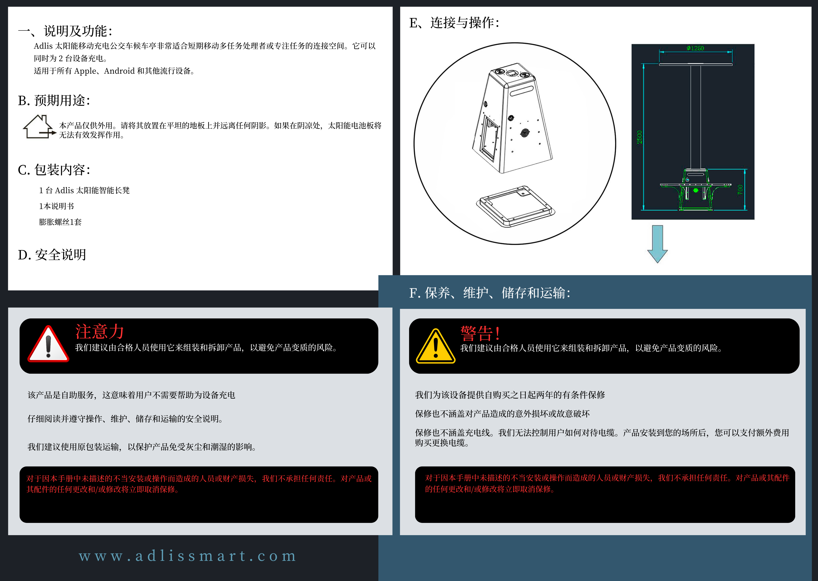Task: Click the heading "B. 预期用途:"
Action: click(54, 101)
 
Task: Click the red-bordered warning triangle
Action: click(48, 344)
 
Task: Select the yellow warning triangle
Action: click(436, 346)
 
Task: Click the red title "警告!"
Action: click(480, 333)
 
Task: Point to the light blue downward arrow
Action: click(657, 244)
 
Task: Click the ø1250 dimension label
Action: click(695, 48)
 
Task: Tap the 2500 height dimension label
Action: click(639, 137)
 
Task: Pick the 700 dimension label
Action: click(740, 190)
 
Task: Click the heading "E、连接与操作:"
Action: click(454, 23)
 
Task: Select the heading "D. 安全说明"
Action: click(52, 255)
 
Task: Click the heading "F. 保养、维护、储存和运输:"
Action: click(490, 293)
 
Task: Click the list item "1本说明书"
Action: click(56, 206)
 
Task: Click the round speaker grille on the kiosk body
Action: click(525, 133)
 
